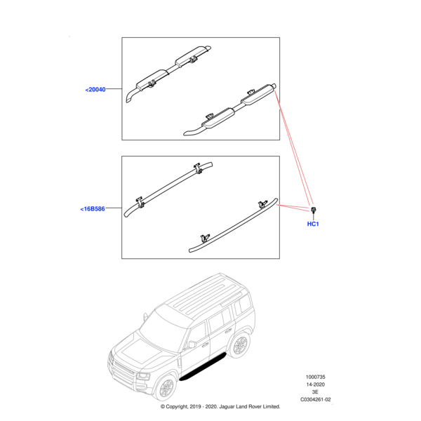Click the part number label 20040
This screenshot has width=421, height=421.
[x=95, y=90]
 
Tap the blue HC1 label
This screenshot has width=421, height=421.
[x=313, y=225]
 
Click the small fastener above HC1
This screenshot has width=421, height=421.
[x=314, y=209]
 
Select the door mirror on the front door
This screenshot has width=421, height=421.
[x=191, y=345]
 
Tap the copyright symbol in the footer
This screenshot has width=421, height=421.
[x=163, y=407]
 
